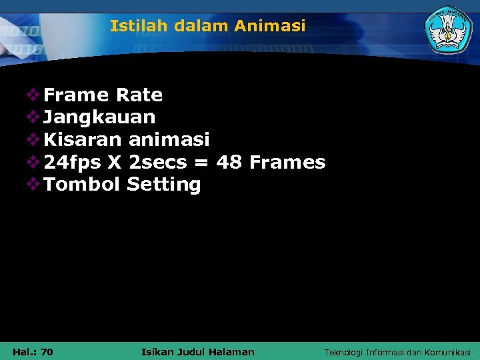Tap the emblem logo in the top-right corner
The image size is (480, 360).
(449, 30)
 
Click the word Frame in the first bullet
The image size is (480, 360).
(76, 95)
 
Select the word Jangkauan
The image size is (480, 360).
(99, 118)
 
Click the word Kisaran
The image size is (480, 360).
(83, 140)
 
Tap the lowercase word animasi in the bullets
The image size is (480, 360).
(169, 140)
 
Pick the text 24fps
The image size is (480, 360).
(73, 162)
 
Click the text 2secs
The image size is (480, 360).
(157, 162)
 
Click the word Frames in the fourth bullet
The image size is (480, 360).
(287, 162)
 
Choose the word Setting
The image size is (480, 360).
(163, 185)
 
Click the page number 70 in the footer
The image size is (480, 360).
(47, 351)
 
